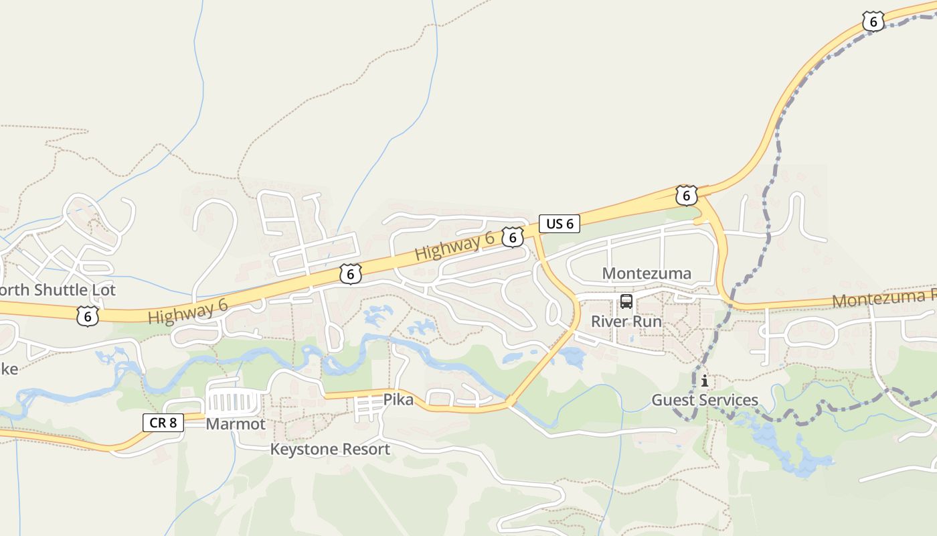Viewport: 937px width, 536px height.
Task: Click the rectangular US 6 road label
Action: coord(560,224)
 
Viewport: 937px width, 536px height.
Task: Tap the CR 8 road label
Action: coord(163,422)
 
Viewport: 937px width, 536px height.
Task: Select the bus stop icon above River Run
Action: coord(626,301)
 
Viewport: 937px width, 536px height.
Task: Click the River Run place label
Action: coord(626,322)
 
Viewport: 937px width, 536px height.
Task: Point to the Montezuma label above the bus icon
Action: coord(647,273)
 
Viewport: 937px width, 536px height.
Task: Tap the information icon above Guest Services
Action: coord(704,381)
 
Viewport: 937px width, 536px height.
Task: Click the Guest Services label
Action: coord(705,401)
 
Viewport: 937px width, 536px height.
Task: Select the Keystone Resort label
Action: coord(330,449)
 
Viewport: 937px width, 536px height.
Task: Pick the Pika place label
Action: coord(398,400)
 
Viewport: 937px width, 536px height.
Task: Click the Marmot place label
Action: coord(236,424)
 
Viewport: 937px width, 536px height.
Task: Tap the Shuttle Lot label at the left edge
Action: coord(58,290)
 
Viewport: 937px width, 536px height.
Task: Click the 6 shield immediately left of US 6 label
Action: coord(512,237)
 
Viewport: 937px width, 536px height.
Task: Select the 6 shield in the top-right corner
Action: coord(873,21)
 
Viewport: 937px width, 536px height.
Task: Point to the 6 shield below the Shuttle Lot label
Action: coord(87,316)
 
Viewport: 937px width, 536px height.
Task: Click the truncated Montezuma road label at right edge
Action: coord(883,298)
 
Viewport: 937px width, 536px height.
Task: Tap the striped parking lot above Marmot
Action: coord(233,403)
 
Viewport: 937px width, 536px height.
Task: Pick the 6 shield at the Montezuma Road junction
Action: coord(686,196)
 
